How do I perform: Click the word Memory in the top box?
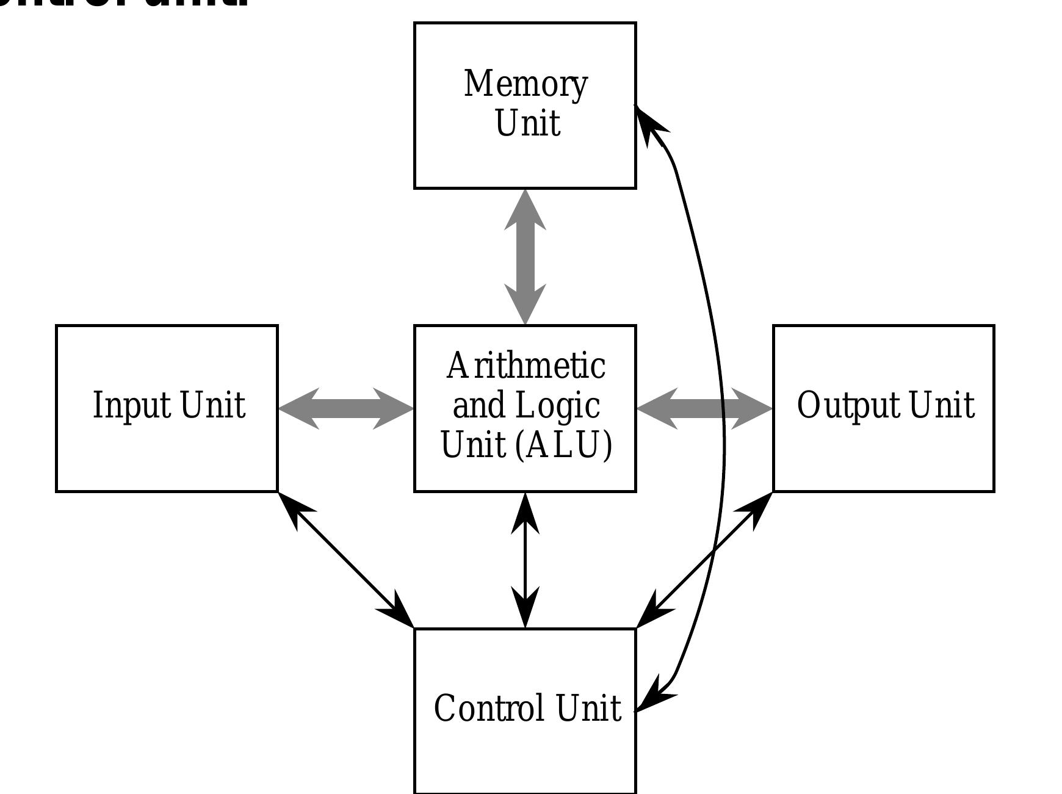click(x=526, y=84)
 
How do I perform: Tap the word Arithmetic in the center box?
click(x=526, y=366)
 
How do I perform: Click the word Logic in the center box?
click(x=558, y=405)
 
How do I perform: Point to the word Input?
click(x=131, y=405)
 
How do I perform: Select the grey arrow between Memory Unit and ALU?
click(x=525, y=256)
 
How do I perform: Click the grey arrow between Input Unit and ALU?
click(x=346, y=408)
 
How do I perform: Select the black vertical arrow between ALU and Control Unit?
click(x=526, y=560)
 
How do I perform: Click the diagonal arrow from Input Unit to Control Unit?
click(x=346, y=560)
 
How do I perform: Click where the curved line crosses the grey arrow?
click(x=723, y=408)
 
